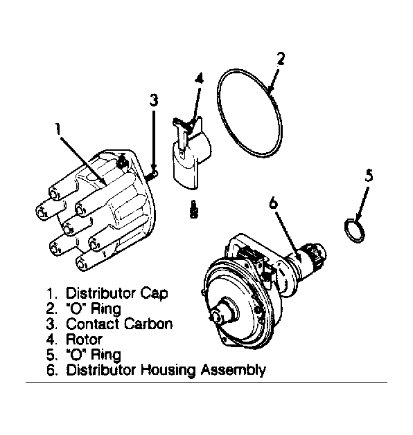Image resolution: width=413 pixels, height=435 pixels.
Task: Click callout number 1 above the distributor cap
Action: [x=58, y=129]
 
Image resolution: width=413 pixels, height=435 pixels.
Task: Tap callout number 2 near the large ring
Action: [x=281, y=59]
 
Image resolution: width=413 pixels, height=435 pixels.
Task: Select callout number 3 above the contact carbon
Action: [x=154, y=100]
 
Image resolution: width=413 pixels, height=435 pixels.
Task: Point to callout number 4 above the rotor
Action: [x=199, y=78]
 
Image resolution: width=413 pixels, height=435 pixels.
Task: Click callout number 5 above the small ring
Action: [x=369, y=176]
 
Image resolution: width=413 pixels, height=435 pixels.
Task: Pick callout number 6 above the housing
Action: [x=274, y=203]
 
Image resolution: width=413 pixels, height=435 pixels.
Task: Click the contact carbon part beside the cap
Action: [x=152, y=176]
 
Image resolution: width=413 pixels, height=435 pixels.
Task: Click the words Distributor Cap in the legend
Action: [x=116, y=293]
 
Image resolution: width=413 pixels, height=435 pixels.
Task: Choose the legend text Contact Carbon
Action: [x=119, y=324]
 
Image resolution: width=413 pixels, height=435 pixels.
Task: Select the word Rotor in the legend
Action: [x=85, y=340]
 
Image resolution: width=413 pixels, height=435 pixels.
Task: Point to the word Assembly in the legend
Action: [x=234, y=370]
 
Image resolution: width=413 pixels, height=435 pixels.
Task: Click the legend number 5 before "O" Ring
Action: [x=51, y=355]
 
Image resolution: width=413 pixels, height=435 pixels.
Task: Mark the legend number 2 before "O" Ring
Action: [x=51, y=308]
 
